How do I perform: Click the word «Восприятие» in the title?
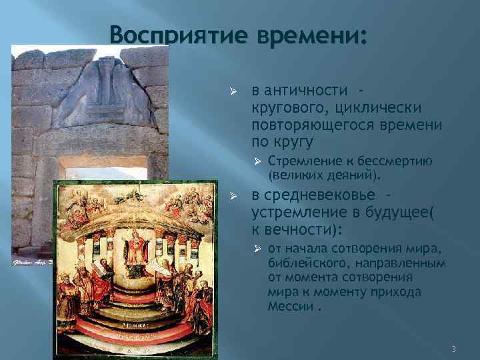point(167,34)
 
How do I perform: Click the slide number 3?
point(453,349)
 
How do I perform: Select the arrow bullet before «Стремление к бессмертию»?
point(257,161)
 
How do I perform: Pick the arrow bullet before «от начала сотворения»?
point(257,249)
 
